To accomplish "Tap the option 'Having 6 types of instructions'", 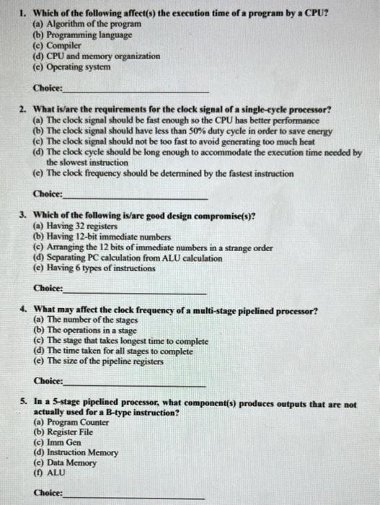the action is click(94, 268).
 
